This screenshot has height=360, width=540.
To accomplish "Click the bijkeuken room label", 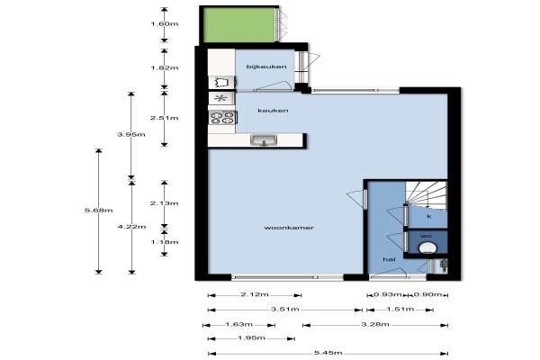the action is coord(266,67).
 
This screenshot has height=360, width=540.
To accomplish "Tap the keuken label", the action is coord(273,111).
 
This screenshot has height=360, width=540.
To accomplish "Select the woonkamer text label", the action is coord(289,228).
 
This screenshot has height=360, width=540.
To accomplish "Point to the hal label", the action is coord(389,259).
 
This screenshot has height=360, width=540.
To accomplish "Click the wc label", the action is coord(426,236).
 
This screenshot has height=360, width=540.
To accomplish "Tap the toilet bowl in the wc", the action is coord(427,248).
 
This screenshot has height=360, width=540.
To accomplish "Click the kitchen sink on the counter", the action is coord(264,140).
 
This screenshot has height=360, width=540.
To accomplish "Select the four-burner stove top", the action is coord(222,118).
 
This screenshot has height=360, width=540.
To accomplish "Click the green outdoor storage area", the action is coord(239,25).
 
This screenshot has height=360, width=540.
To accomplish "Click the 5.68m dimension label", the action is coord(98,210).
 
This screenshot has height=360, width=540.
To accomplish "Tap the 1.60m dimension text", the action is coord(165,23).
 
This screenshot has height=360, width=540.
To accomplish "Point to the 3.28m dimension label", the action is coord(375,324).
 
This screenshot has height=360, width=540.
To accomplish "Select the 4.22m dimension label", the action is coord(131,227).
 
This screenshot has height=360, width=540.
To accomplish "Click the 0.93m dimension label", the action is coord(388,294).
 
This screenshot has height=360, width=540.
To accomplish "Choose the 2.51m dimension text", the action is coord(165,118).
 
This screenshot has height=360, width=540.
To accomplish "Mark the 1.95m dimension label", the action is coord(251,338).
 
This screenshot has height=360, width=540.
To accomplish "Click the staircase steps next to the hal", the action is coord(427,195).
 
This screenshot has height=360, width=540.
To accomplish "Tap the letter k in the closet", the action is coord(428,216).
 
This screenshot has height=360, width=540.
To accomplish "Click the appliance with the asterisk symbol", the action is coord(220,98).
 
